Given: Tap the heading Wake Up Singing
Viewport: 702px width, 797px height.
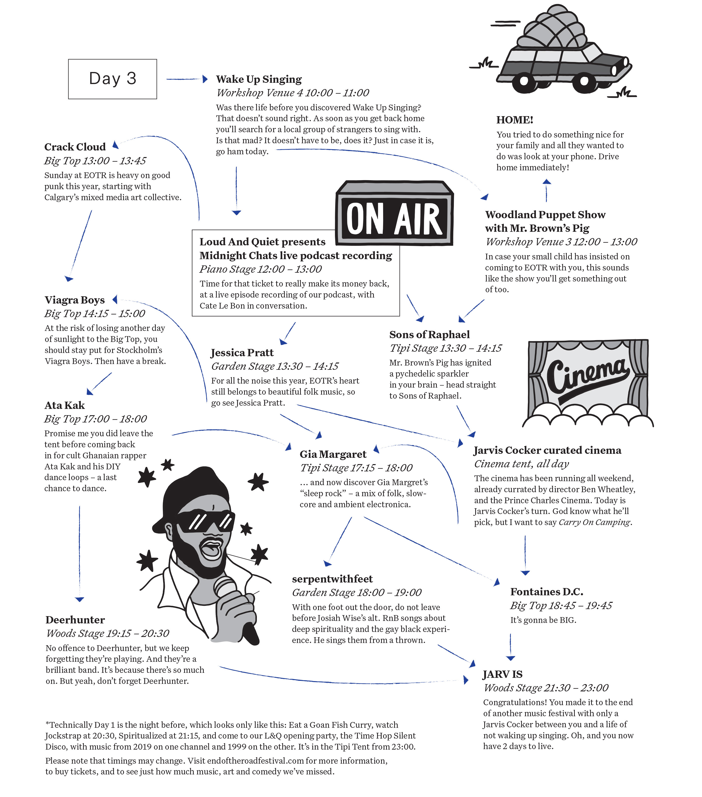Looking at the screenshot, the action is pos(259,80).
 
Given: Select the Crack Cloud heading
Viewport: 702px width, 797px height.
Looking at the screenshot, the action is pos(75,147).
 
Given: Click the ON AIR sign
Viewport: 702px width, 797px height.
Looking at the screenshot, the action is pos(394,213).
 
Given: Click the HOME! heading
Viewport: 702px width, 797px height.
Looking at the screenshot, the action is pos(515,120).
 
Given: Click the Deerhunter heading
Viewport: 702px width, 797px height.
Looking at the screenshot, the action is pos(75,620).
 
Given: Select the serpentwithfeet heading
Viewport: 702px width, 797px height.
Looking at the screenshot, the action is pos(332,579).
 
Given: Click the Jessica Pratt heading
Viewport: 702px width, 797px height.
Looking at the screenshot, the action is pos(242,353).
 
